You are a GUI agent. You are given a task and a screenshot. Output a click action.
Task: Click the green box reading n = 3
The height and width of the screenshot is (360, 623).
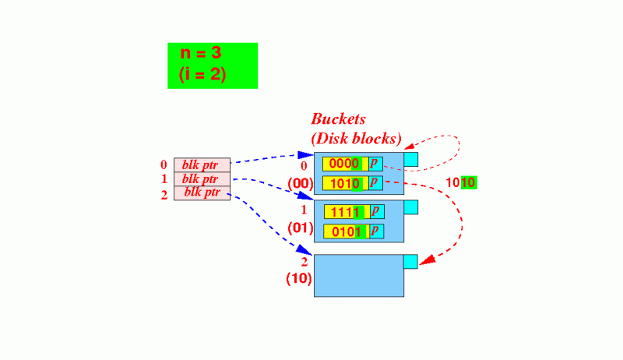tap(212, 65)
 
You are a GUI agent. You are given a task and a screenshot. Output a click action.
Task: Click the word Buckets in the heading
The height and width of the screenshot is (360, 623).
tap(338, 119)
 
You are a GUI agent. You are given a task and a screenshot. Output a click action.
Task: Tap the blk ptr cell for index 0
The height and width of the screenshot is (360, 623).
tap(202, 164)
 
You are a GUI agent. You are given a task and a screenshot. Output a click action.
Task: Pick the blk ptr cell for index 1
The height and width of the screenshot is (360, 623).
tap(202, 178)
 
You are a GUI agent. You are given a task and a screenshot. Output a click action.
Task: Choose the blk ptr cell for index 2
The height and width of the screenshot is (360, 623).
tap(202, 192)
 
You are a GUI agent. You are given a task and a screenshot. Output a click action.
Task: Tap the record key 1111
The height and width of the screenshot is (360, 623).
tap(344, 212)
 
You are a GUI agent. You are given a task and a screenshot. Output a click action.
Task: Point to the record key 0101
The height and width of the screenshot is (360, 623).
tap(344, 231)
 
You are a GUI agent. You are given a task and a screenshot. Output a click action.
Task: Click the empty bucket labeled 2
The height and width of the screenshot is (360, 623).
tap(358, 277)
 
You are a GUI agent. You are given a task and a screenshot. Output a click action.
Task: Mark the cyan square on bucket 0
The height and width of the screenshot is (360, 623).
tap(411, 159)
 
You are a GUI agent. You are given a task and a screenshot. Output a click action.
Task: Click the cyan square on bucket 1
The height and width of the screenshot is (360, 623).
tap(411, 207)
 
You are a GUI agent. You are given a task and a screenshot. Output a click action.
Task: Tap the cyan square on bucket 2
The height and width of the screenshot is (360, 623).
tap(411, 261)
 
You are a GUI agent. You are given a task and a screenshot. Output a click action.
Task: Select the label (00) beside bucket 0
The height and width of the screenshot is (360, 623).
tap(300, 184)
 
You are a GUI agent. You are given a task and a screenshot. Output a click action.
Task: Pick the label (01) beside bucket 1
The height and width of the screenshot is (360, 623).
tap(300, 228)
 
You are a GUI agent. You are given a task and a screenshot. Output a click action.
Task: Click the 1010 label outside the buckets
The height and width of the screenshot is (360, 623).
tap(460, 183)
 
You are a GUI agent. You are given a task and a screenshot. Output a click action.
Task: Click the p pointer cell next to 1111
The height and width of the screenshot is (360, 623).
tap(375, 212)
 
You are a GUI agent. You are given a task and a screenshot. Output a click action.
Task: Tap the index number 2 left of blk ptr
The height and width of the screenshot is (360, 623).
tap(164, 194)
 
